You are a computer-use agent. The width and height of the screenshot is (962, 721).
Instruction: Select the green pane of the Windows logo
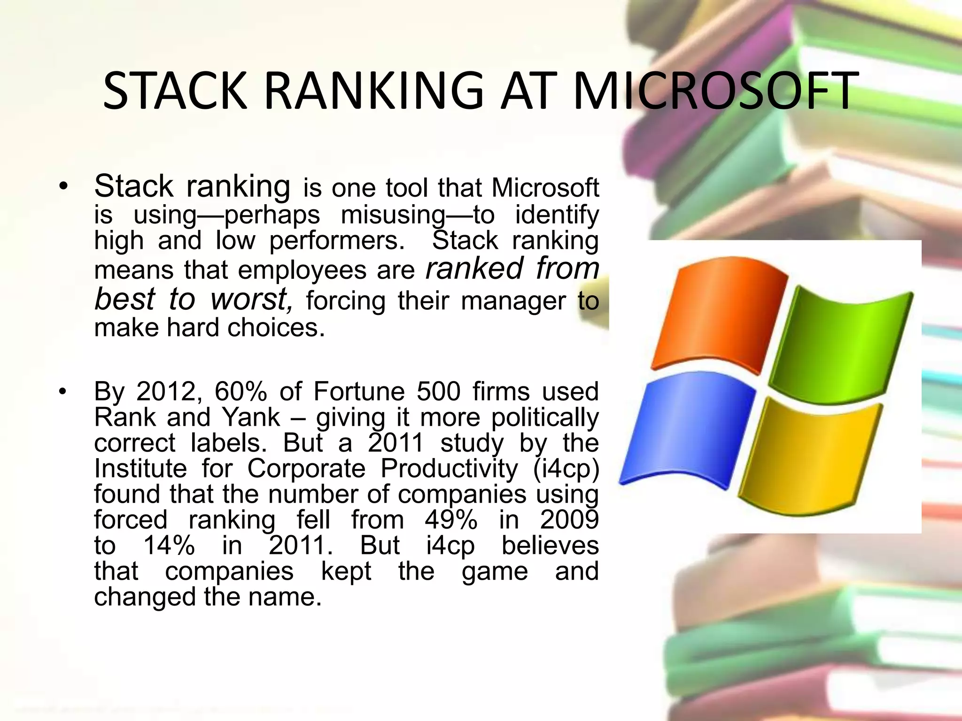click(841, 345)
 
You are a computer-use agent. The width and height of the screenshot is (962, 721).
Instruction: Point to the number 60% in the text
click(240, 391)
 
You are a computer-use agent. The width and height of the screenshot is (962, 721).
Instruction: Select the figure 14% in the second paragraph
click(168, 545)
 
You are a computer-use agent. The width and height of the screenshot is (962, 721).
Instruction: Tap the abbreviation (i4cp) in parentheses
click(566, 468)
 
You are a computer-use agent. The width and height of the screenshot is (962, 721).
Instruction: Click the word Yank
click(251, 417)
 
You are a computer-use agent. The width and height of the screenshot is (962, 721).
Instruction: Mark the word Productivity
click(449, 468)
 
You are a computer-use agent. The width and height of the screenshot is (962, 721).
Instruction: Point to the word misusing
click(393, 215)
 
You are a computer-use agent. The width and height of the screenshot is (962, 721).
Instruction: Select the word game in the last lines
click(495, 571)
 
